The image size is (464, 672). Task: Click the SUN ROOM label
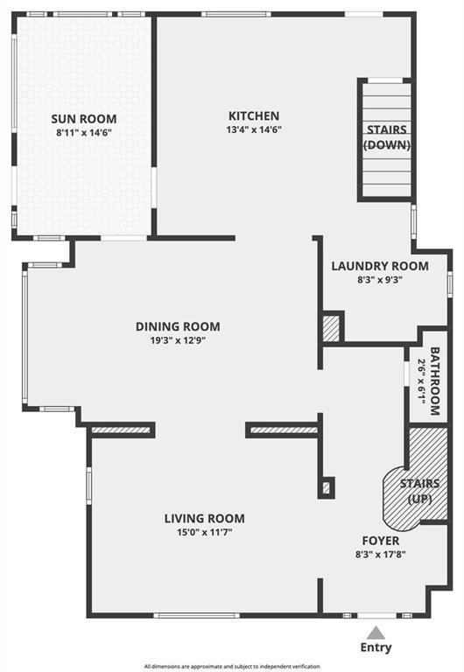84,119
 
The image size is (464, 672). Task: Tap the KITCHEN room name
254,115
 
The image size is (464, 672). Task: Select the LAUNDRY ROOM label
380,266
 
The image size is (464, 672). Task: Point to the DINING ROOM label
178,326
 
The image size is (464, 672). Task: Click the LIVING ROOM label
205,519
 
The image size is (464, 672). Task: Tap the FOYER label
381,541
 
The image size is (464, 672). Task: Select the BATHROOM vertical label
435,381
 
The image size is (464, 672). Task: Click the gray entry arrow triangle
376,633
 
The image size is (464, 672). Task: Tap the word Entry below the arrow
376,647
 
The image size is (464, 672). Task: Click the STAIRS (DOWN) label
387,137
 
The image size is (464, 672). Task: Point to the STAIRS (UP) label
420,491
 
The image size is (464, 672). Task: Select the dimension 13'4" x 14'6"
254,129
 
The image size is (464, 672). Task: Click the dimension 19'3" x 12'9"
178,340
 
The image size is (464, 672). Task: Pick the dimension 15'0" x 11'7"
205,533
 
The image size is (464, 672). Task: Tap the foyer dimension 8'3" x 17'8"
381,555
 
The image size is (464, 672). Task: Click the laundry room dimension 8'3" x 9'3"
380,280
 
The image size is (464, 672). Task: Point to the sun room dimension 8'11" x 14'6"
84,133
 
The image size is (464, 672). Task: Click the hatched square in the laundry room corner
331,328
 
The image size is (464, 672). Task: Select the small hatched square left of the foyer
327,487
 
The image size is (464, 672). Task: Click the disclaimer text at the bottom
232,667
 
